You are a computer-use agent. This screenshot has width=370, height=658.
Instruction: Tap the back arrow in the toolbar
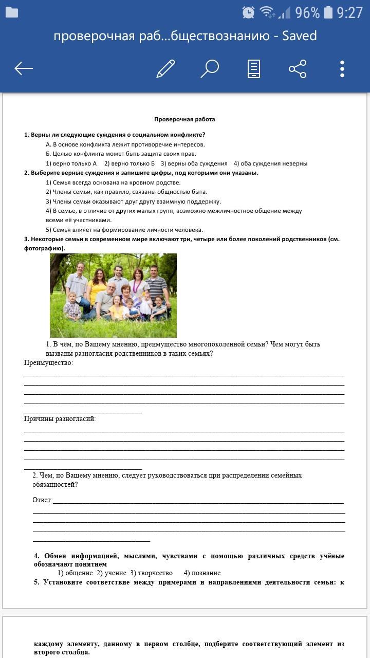pos(24,68)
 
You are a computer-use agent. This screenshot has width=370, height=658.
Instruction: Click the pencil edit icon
pos(165,68)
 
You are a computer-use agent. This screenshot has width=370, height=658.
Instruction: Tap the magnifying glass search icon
pos(210,68)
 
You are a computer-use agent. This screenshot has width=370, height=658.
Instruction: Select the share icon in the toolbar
pos(298,68)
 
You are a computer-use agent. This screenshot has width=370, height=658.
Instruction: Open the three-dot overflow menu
pos(342,68)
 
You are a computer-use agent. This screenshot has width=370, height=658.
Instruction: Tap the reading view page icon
pos(254,68)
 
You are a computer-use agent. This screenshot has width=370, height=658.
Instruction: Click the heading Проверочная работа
pos(184,119)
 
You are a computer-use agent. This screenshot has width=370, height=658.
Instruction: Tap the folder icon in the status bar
pos(11,13)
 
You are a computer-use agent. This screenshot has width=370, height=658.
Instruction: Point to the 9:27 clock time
pos(350,13)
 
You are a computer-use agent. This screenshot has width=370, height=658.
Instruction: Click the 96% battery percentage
pos(307,13)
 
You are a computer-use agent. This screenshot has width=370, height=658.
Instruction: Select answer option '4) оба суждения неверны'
pos(270,163)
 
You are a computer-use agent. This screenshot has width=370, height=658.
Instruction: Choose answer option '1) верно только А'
pos(71,163)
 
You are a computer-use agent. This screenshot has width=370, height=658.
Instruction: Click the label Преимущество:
pos(49,363)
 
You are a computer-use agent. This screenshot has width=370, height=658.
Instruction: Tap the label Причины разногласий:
pos(60,419)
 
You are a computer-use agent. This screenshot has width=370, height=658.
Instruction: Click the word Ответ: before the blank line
pos(43,500)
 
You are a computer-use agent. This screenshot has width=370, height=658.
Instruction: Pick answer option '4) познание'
pos(202,573)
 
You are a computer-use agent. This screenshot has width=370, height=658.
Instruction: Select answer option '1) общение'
pos(75,573)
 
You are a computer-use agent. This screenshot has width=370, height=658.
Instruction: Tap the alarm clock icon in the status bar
pos(248,13)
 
